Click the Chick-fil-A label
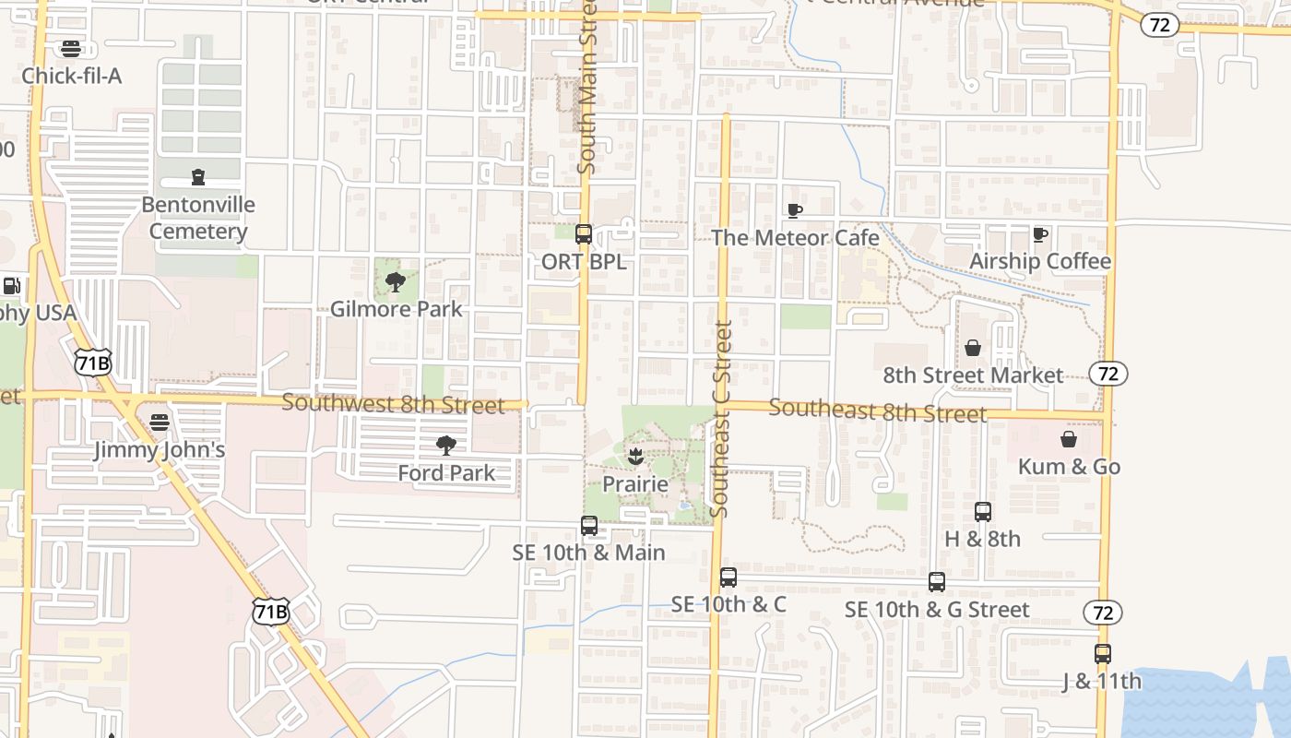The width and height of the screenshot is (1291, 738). coord(71,76)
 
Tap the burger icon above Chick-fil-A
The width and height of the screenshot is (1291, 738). coord(71,49)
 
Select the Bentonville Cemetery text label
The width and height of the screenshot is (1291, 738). coord(198,218)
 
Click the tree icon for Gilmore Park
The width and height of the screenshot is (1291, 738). coord(396,282)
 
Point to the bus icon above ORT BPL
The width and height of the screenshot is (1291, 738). coord(584,234)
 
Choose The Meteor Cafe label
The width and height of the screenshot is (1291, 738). coord(795,238)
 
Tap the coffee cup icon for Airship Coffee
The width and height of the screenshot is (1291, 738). coord(1040,234)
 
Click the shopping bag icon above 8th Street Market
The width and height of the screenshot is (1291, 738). coord(973,348)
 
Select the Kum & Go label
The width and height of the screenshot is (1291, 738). coord(1069,467)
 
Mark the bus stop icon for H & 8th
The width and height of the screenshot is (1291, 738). coord(983,512)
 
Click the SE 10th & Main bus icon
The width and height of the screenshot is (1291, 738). coord(589,526)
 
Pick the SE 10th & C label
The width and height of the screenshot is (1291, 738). coord(728,604)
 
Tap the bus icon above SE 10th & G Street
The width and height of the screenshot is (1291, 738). coord(937,582)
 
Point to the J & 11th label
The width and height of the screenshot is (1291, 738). coord(1101,682)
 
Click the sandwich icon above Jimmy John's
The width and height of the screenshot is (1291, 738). coord(160,423)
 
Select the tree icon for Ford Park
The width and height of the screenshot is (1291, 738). coord(446,446)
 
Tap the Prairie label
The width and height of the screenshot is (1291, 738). coord(634,484)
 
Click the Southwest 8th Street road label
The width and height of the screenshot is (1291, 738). coord(394,403)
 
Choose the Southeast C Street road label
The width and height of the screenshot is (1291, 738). coord(722,418)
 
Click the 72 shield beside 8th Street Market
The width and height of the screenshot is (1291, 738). coord(1107,374)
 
